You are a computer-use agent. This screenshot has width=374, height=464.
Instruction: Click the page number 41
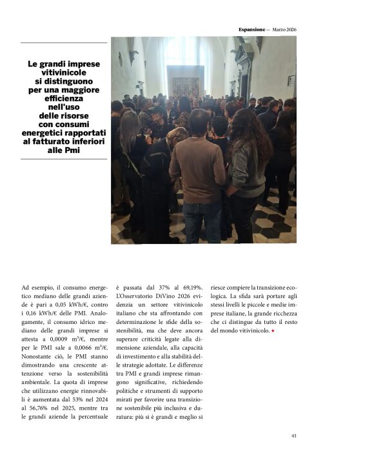click(293, 436)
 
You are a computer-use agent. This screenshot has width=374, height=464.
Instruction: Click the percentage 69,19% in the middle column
click(191, 287)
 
